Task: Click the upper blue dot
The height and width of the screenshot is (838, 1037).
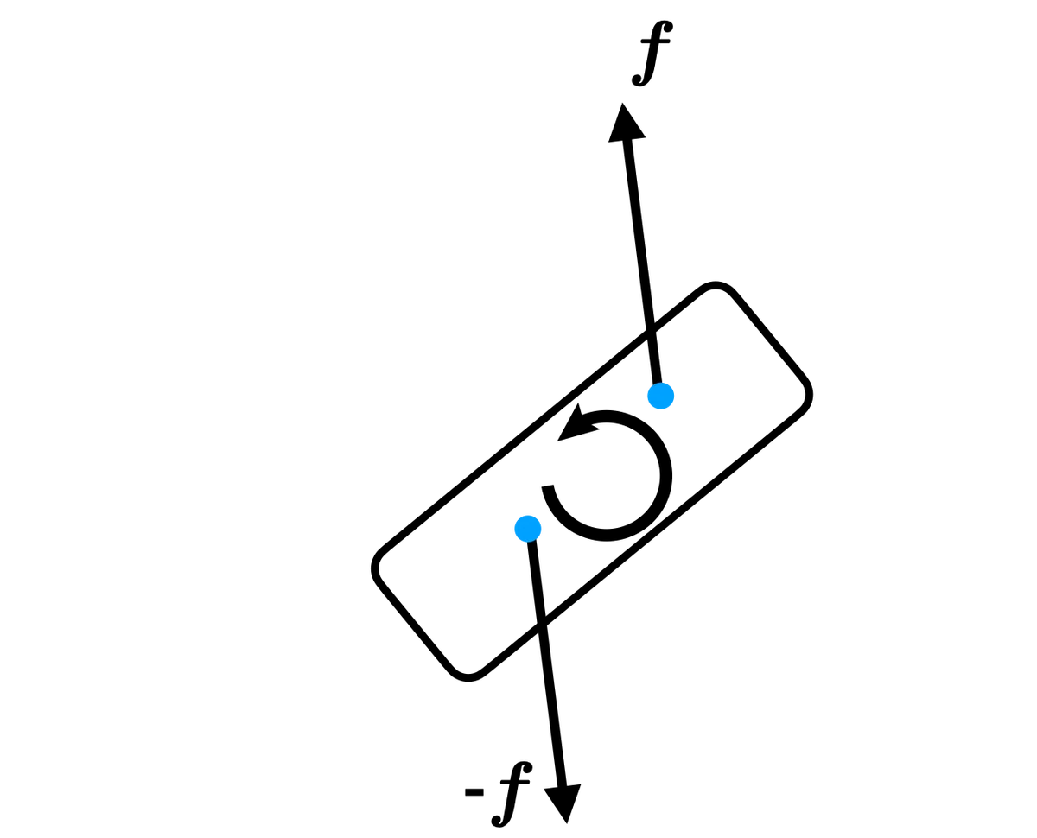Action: [660, 396]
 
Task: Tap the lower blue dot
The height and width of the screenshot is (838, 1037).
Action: [528, 528]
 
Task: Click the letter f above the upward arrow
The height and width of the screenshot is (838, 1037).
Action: [652, 53]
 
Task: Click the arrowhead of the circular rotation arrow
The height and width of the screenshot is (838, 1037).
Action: [576, 425]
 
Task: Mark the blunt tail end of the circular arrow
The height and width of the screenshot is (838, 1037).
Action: [548, 486]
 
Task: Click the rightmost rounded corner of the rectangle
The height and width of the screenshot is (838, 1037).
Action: [805, 392]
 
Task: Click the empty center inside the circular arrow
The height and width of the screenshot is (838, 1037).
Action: [608, 475]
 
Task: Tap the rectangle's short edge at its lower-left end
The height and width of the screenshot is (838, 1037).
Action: [414, 623]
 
